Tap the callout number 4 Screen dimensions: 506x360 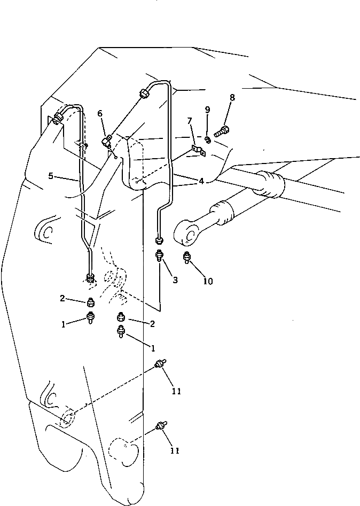201,181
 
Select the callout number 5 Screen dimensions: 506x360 51,175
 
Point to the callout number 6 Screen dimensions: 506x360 100,113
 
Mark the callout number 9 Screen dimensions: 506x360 207,110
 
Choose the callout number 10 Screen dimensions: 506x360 208,281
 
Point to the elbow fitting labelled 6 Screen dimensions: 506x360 107,141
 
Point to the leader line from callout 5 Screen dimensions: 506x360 67,179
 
